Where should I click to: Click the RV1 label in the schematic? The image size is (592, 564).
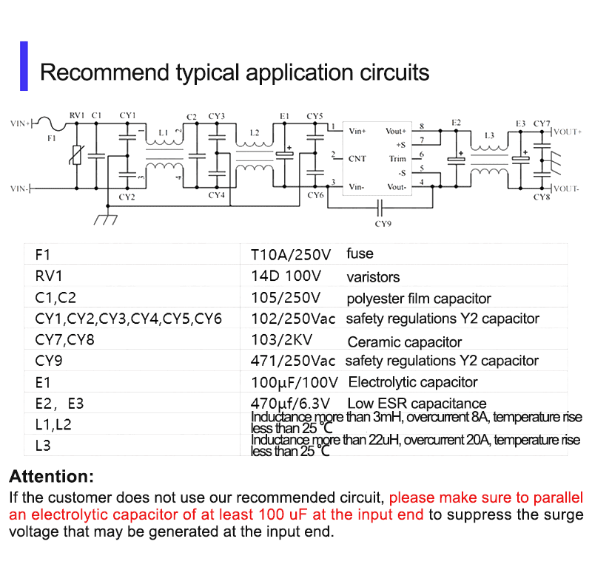(77, 115)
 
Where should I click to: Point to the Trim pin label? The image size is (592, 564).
(397, 159)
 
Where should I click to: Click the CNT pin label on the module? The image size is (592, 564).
(357, 159)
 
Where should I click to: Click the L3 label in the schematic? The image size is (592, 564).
(488, 136)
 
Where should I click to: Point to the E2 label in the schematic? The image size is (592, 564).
(456, 122)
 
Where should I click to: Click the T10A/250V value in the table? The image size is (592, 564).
(290, 255)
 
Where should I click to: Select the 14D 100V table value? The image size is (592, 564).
(286, 276)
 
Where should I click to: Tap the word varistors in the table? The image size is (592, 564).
(373, 277)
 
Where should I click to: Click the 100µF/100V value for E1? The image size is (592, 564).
(294, 383)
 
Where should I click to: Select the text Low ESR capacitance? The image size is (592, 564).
(417, 404)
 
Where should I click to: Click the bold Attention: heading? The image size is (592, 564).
(51, 476)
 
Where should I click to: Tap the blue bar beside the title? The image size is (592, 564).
(24, 67)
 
